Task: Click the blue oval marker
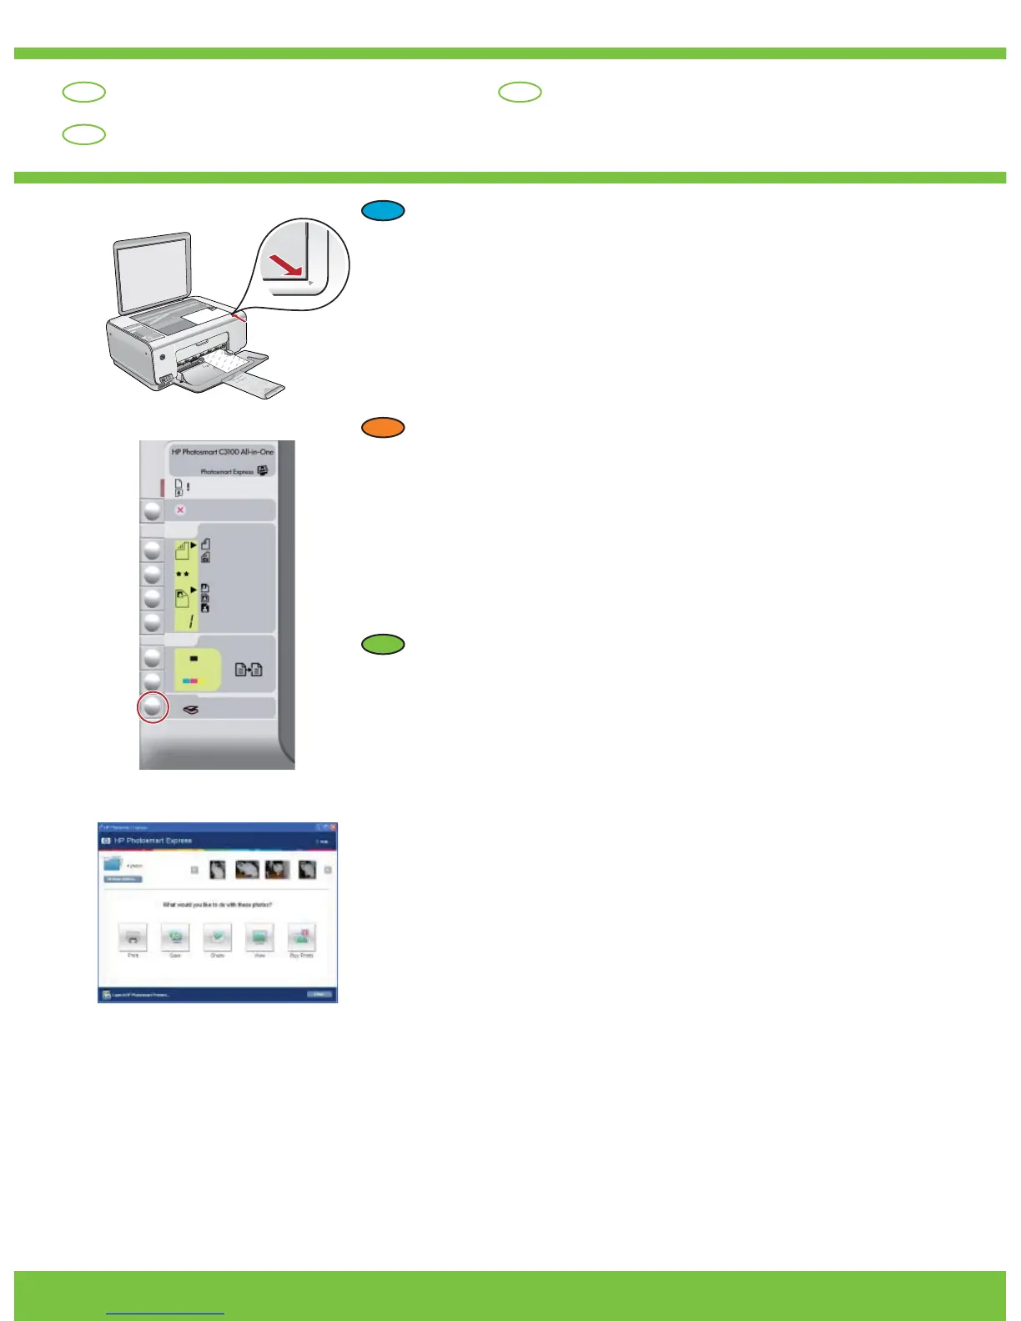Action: [383, 211]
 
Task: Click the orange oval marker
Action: [383, 428]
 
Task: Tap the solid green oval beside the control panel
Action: [383, 644]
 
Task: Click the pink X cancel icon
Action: [180, 510]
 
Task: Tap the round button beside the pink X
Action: [152, 510]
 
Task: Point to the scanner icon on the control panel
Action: [191, 710]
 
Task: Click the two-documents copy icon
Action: [249, 669]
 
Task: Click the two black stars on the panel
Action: [182, 575]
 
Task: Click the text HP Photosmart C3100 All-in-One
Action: [222, 452]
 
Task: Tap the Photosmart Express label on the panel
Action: [226, 471]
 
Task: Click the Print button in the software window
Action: [133, 937]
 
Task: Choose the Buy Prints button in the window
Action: [301, 937]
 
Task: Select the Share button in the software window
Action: [218, 937]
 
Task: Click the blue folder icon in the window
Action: [113, 864]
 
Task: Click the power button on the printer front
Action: [162, 354]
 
